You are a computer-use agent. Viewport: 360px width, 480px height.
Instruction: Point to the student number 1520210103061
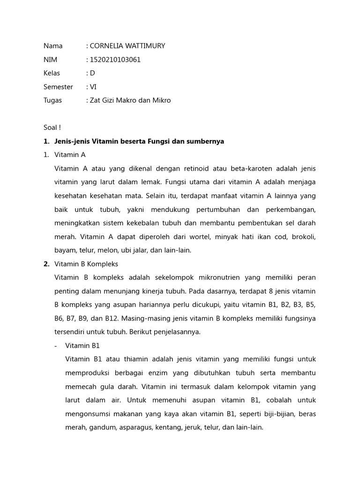pyautogui.click(x=115, y=60)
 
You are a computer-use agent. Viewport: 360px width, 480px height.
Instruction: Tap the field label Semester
pyautogui.click(x=58, y=87)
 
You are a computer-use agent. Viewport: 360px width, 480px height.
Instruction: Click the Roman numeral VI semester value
pyautogui.click(x=93, y=87)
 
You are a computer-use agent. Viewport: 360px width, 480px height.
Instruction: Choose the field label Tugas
pyautogui.click(x=52, y=100)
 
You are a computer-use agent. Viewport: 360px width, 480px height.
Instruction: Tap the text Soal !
pyautogui.click(x=52, y=127)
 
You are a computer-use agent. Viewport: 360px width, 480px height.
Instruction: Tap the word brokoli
pyautogui.click(x=303, y=237)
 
